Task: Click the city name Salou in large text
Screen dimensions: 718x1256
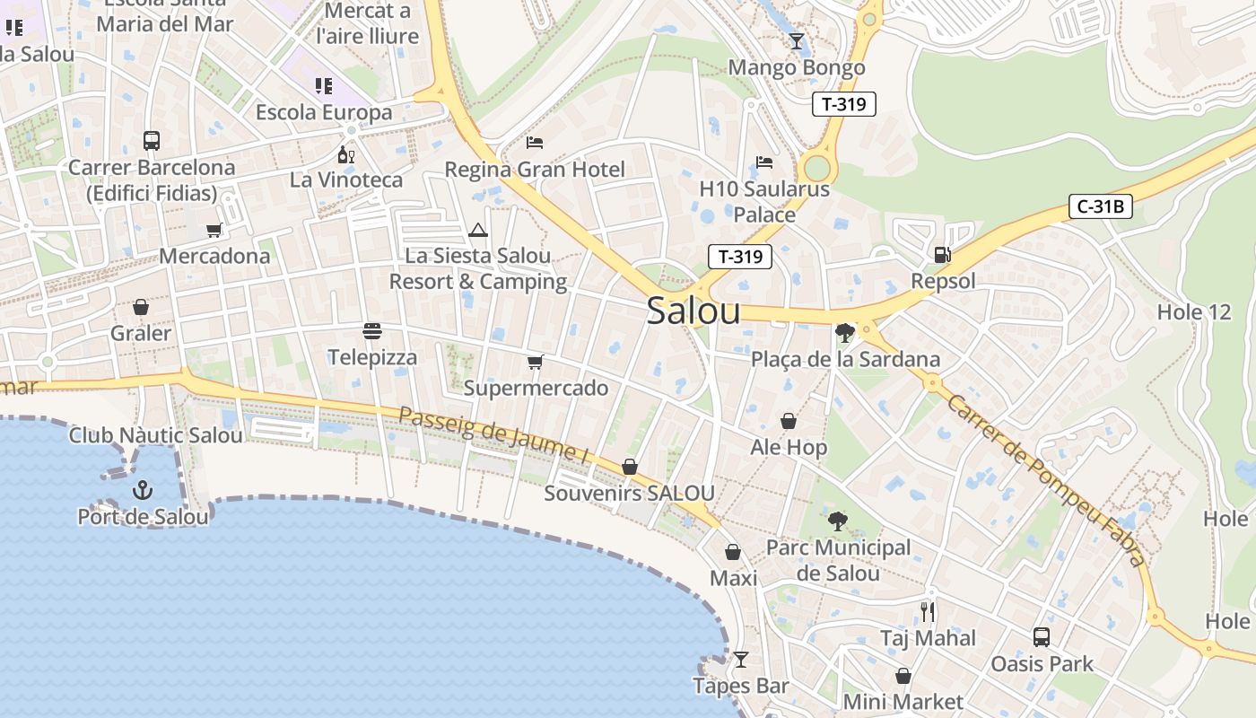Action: coord(693,311)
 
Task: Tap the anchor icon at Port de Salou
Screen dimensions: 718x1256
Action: coord(142,490)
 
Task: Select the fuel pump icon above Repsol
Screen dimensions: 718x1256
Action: coord(942,255)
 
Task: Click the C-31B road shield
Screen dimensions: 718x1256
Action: coord(1101,207)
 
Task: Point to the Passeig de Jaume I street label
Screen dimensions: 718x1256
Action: coord(493,436)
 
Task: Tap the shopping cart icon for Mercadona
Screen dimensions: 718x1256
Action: coord(214,231)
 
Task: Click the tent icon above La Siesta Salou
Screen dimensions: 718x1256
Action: coord(477,231)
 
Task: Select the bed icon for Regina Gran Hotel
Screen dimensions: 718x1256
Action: coord(535,143)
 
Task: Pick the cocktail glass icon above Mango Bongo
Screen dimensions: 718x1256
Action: coord(796,41)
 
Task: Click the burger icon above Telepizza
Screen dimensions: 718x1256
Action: coord(372,331)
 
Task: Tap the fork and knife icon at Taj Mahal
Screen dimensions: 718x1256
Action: coord(928,612)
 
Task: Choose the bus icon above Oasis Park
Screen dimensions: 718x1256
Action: coord(1041,637)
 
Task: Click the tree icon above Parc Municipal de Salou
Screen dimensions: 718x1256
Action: coord(837,521)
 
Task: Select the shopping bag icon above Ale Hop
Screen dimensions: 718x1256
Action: coord(789,421)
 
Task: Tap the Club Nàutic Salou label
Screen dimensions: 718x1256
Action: coord(156,436)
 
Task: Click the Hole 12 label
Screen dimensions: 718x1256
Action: coord(1194,312)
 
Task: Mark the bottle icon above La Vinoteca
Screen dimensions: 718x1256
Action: coord(345,154)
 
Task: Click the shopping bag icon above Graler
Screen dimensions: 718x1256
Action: coord(141,307)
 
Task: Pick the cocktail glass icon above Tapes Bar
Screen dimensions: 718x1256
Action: coord(740,660)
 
